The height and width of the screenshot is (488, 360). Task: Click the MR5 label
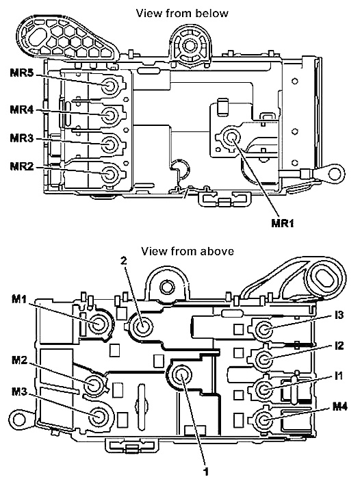tap(21, 73)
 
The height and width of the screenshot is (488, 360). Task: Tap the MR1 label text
tap(283, 223)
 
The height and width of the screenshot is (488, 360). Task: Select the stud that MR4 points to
tap(110, 116)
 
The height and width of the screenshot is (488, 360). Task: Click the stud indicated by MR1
tap(231, 137)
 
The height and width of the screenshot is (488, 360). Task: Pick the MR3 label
tap(21, 138)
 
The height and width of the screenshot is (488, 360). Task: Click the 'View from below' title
tap(182, 13)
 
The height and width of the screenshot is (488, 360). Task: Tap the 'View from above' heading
tap(188, 251)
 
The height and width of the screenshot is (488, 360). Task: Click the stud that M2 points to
tap(93, 385)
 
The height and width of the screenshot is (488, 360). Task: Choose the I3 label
tap(339, 316)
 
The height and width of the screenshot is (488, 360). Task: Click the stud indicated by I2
tap(264, 359)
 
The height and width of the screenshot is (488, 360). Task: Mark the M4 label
tap(340, 407)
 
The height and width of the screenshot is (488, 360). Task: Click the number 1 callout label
tap(205, 472)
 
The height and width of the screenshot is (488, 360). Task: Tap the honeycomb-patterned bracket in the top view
tap(65, 38)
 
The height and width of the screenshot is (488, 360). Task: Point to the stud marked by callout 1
tap(181, 376)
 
